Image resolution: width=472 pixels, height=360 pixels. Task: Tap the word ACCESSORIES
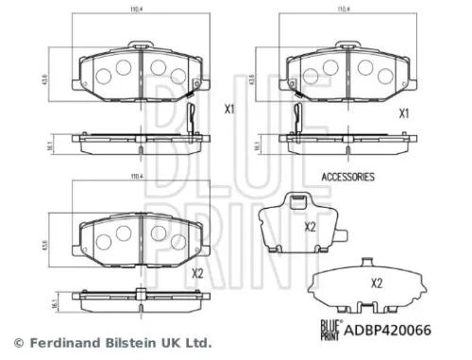(348, 177)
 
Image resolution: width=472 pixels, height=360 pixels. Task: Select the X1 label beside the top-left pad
(229, 109)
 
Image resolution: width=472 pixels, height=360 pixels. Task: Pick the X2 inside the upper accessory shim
(309, 226)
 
